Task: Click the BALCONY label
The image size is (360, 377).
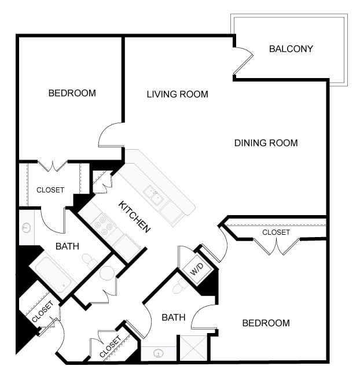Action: (x=291, y=49)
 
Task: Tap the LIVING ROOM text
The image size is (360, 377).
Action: (x=177, y=94)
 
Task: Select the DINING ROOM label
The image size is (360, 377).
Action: (x=266, y=143)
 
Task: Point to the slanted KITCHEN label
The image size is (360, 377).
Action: (x=134, y=217)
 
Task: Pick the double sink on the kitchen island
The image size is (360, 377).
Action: (x=154, y=195)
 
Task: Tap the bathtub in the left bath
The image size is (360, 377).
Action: (x=53, y=275)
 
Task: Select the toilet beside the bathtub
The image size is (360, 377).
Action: (x=89, y=261)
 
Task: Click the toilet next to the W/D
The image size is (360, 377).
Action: (x=180, y=286)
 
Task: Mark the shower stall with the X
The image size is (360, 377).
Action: (x=193, y=348)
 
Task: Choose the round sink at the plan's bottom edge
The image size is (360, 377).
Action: (x=159, y=353)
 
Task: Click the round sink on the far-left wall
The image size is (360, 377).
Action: (x=27, y=227)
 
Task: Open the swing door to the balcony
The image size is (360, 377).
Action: (x=243, y=61)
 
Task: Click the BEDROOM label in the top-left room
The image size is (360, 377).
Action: (x=72, y=93)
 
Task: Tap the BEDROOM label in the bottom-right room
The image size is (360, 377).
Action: (x=266, y=323)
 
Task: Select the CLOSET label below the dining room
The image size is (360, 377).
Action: (x=276, y=232)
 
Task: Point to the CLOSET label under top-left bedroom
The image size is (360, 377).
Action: (x=50, y=190)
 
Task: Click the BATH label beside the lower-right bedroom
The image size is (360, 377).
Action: (x=174, y=317)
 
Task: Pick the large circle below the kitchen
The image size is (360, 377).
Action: (x=107, y=273)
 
